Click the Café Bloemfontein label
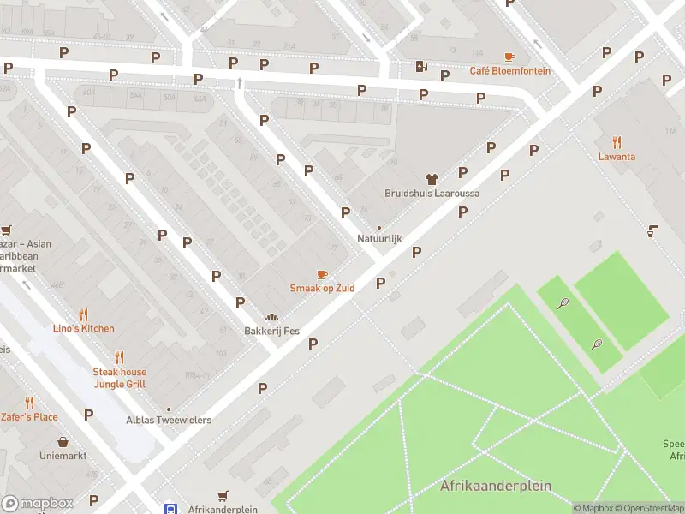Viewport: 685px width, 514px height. click(509, 70)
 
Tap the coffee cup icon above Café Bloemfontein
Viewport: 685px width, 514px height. click(509, 57)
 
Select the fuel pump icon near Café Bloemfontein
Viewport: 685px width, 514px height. click(421, 66)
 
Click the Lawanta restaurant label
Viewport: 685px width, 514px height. click(616, 157)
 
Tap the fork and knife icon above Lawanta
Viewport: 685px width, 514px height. click(616, 142)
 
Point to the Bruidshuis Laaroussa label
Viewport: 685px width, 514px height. click(432, 194)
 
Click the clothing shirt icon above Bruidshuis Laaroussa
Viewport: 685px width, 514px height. click(432, 179)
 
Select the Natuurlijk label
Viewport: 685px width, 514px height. click(379, 239)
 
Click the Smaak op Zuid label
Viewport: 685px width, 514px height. click(322, 288)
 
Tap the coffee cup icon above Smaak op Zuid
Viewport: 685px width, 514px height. click(322, 274)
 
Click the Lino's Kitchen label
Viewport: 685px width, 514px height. click(83, 328)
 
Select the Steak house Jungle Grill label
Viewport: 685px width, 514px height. click(120, 378)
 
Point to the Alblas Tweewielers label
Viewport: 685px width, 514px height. click(169, 420)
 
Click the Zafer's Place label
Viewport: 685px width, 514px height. click(29, 417)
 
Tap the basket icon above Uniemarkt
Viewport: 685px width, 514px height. click(63, 443)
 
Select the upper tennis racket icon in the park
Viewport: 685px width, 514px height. click(563, 302)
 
